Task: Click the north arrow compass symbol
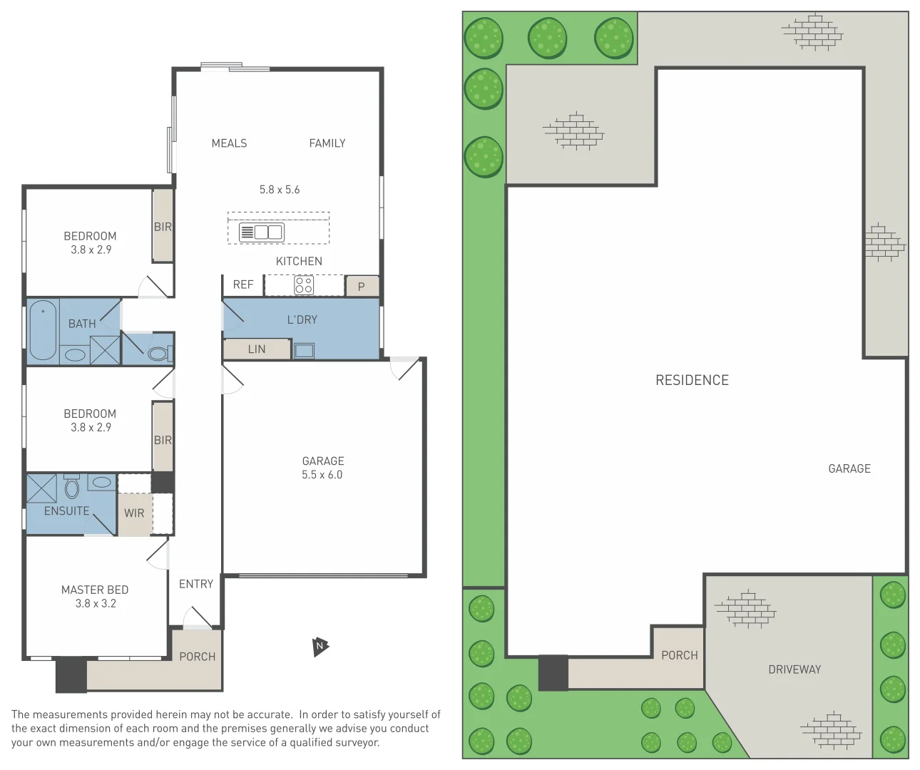pos(320,647)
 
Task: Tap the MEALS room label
pos(229,143)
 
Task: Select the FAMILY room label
pos(327,143)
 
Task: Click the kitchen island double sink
pos(262,232)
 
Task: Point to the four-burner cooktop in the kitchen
pos(304,285)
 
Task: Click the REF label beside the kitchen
pos(243,284)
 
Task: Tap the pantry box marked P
pos(362,287)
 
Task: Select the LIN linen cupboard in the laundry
pos(257,349)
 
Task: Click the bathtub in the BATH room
pos(43,329)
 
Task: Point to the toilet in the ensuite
pos(71,488)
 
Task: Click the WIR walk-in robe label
pos(134,513)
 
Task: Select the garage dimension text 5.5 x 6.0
pos(322,475)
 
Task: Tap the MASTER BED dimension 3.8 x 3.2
pos(96,603)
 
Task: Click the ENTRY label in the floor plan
pos(196,584)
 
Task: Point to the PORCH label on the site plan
pos(679,655)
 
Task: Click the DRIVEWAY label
pos(794,669)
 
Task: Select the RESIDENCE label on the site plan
pos(692,380)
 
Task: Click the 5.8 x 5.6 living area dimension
pos(280,190)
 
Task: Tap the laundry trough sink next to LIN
pos(304,350)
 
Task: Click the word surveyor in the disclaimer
pos(357,742)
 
